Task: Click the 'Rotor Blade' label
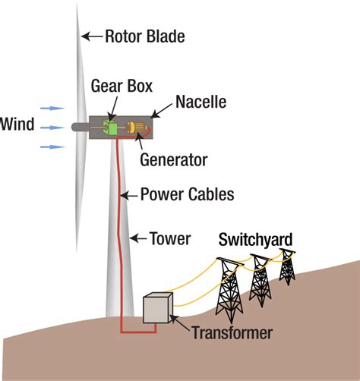click(144, 36)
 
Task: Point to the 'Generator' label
click(174, 160)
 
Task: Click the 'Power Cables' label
click(187, 194)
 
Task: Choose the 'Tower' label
click(169, 239)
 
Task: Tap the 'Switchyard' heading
click(255, 241)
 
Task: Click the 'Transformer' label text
click(232, 332)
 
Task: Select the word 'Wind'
click(17, 124)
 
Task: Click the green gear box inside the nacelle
click(111, 128)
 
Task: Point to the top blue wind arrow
click(47, 109)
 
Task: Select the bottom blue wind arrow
click(47, 146)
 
